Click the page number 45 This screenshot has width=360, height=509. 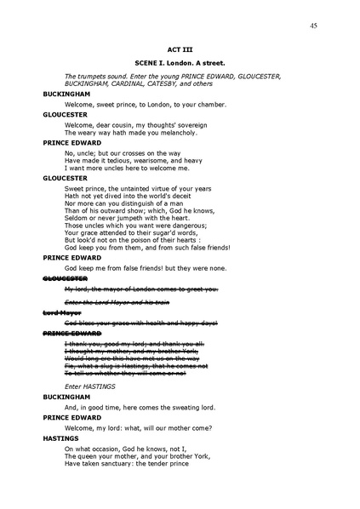pos(313,26)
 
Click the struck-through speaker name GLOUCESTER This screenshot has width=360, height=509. pos(66,278)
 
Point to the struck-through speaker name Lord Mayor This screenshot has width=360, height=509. pos(60,313)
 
